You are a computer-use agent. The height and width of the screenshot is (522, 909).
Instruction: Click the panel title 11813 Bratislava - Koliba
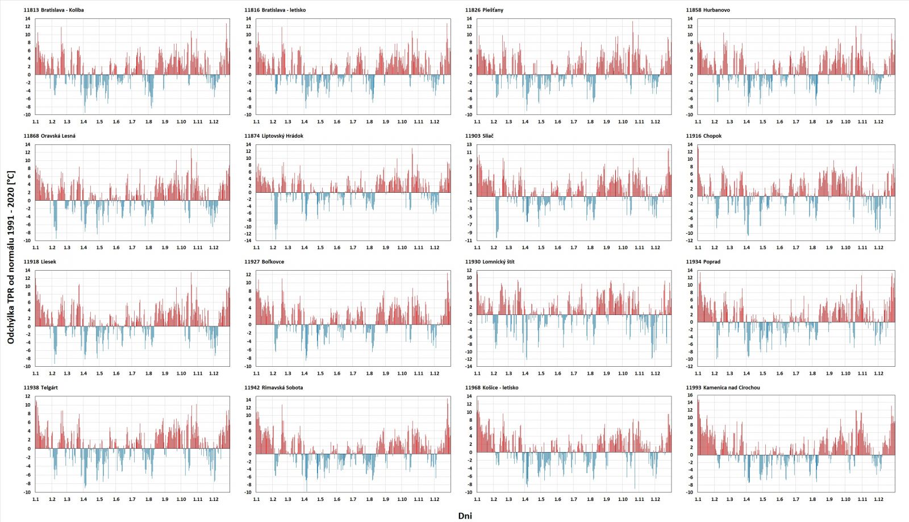53,10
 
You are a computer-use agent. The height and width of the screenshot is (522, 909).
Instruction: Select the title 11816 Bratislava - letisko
275,10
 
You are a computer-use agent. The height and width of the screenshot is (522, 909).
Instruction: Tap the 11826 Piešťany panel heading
484,10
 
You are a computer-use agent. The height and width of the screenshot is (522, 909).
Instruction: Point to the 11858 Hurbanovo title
708,10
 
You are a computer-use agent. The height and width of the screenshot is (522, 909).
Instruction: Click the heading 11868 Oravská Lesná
49,136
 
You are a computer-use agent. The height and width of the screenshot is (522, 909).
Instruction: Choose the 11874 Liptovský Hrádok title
274,136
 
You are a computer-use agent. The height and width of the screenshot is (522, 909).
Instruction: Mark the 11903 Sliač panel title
479,136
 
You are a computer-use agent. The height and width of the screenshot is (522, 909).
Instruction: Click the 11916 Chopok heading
703,136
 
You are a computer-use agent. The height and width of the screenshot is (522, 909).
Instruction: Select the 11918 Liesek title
40,262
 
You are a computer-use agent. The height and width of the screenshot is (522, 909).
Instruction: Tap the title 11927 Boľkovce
264,262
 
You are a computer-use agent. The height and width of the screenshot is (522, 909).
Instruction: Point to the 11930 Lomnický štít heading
490,262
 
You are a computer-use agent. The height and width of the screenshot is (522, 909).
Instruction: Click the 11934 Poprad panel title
703,262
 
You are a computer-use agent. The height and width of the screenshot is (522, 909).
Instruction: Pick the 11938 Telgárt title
41,388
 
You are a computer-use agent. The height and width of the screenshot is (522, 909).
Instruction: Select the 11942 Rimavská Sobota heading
274,388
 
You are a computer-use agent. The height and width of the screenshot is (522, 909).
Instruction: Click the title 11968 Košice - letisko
491,388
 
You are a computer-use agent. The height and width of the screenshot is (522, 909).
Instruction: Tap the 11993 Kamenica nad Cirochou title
723,388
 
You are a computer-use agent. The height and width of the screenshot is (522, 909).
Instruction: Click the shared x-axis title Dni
465,516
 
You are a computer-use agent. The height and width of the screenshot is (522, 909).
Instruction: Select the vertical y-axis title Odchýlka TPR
11,257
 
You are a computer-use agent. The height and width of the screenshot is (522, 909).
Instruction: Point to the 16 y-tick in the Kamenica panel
690,395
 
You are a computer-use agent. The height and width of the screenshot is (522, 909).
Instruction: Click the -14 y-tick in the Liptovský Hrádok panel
248,241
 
